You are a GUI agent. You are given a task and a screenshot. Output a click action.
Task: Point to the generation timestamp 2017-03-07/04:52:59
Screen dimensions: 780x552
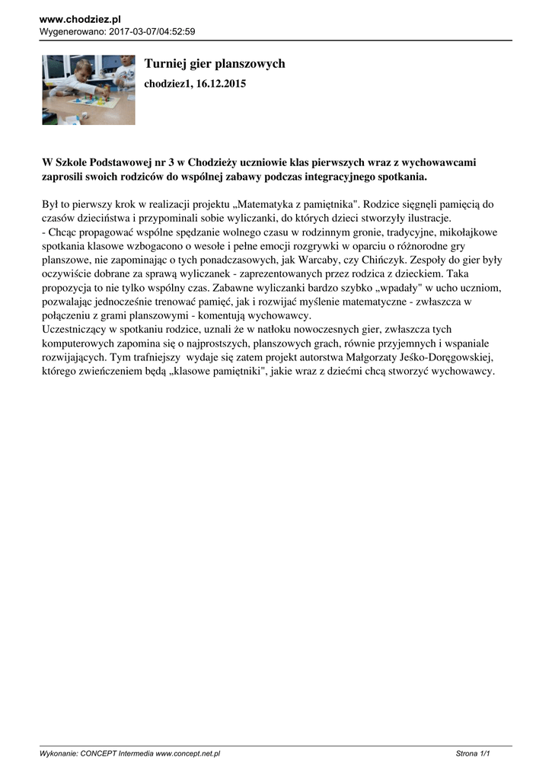153,31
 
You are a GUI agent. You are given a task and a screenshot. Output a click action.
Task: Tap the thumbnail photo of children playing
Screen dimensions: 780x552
88,89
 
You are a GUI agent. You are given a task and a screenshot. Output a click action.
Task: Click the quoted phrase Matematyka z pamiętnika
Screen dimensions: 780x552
305,204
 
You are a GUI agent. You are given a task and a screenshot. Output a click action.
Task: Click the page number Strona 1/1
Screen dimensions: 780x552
472,753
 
